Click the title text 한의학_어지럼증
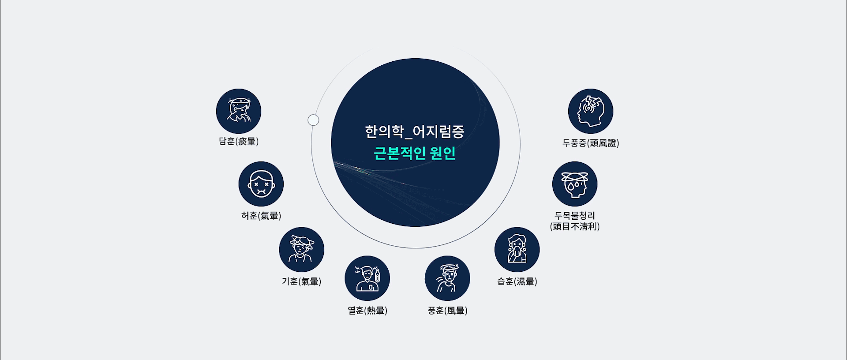[x=415, y=132]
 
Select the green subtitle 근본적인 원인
[x=415, y=153]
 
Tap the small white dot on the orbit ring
[x=313, y=120]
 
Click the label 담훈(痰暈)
[x=239, y=141]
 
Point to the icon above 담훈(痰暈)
[x=239, y=111]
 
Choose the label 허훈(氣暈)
[x=261, y=216]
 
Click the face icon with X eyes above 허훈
[x=261, y=184]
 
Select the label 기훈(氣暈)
[x=302, y=281]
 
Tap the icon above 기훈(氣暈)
[x=302, y=250]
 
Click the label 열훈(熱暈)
[x=367, y=311]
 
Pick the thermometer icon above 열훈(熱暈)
[x=367, y=278]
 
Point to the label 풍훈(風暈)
[x=447, y=311]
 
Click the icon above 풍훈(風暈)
[x=447, y=278]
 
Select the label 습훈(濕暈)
[x=517, y=281]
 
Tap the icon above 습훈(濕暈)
[x=517, y=250]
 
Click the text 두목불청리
[x=575, y=216]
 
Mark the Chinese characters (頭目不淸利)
[x=575, y=226]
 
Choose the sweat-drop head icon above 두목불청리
[x=575, y=184]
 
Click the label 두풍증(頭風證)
[x=591, y=143]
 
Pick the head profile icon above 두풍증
[x=591, y=111]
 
